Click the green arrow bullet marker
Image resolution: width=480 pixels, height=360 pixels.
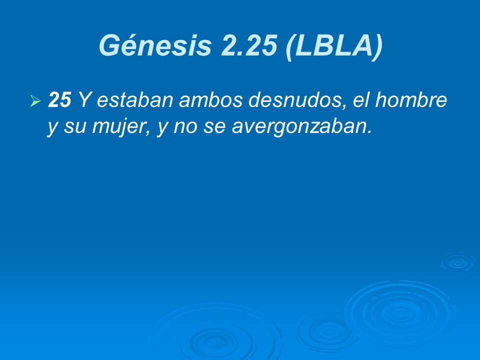point(35,102)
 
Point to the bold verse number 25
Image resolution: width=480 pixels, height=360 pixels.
point(59,101)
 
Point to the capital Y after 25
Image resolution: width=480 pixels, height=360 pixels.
point(83,101)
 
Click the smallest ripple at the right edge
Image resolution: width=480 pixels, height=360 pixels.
point(457,262)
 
